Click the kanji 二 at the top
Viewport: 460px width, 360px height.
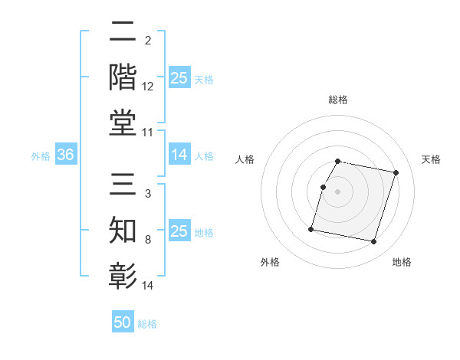[x=123, y=33]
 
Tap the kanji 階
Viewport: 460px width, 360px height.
[x=123, y=77]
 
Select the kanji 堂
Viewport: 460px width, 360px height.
[x=123, y=123]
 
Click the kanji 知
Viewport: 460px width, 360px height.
[x=123, y=231]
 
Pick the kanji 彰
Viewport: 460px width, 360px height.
[x=123, y=276]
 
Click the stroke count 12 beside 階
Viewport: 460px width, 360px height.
[x=148, y=87]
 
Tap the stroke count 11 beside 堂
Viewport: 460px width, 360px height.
[x=148, y=133]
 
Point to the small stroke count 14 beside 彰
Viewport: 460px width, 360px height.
[x=148, y=286]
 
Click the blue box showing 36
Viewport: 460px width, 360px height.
[x=65, y=155]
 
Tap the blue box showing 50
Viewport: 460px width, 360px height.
[x=123, y=322]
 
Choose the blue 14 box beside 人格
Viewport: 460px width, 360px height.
[x=179, y=155]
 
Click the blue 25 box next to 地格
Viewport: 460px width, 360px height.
[x=179, y=231]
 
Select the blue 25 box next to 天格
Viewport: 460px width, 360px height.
[x=179, y=78]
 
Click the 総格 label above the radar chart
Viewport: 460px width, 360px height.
[x=338, y=100]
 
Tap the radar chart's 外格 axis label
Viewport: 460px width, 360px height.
[x=270, y=262]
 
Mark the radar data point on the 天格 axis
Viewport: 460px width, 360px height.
[x=396, y=172]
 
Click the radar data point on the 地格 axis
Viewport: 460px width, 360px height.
[x=373, y=242]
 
